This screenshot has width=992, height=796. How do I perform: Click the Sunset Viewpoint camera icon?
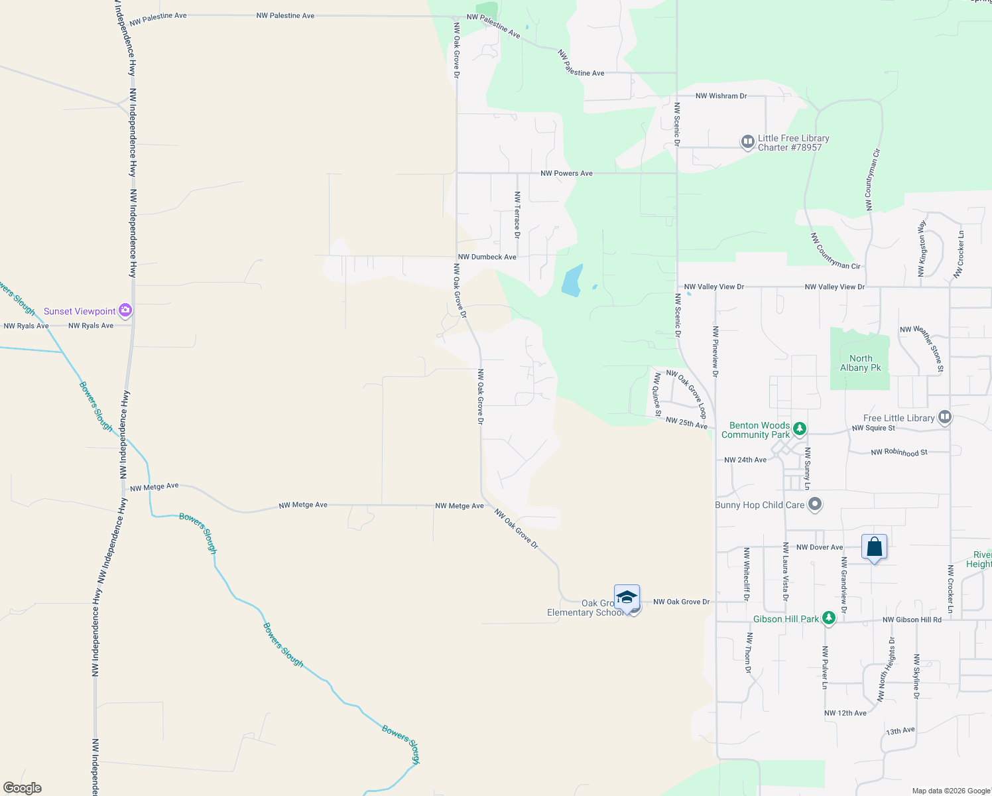click(125, 310)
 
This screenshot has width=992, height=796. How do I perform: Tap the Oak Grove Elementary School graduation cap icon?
click(627, 597)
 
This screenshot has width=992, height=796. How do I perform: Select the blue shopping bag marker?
click(874, 547)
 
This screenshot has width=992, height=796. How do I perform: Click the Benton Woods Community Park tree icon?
click(800, 429)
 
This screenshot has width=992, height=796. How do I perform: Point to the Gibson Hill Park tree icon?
click(828, 618)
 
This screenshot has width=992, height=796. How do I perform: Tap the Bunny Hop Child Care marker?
click(815, 505)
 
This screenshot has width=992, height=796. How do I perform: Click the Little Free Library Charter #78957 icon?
click(747, 141)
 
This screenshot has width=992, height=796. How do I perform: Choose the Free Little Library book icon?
click(945, 417)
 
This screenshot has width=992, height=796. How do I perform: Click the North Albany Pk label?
click(861, 363)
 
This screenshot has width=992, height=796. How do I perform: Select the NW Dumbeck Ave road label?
click(487, 257)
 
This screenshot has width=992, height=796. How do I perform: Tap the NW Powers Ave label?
click(566, 173)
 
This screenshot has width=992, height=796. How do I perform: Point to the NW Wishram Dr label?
click(721, 96)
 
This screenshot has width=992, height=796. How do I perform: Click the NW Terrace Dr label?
click(517, 214)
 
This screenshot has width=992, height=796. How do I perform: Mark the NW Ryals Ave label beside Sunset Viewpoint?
click(91, 326)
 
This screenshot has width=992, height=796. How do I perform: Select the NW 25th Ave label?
click(686, 423)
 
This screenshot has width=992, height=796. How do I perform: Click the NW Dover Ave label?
click(820, 547)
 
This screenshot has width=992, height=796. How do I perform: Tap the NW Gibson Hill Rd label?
click(912, 620)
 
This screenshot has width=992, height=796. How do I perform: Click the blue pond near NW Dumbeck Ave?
click(572, 281)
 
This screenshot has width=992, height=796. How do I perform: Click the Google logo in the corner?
click(23, 787)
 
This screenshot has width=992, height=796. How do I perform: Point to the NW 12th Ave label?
click(845, 713)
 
